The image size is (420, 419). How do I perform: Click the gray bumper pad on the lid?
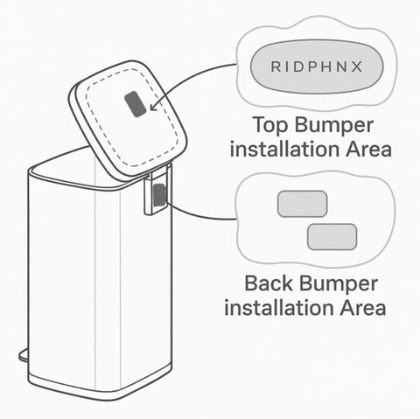[134, 106]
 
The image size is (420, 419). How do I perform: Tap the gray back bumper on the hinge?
[157, 197]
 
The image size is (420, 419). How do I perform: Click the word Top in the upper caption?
[264, 124]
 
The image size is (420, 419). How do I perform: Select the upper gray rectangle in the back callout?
[302, 204]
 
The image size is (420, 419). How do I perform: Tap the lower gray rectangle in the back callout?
[332, 236]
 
